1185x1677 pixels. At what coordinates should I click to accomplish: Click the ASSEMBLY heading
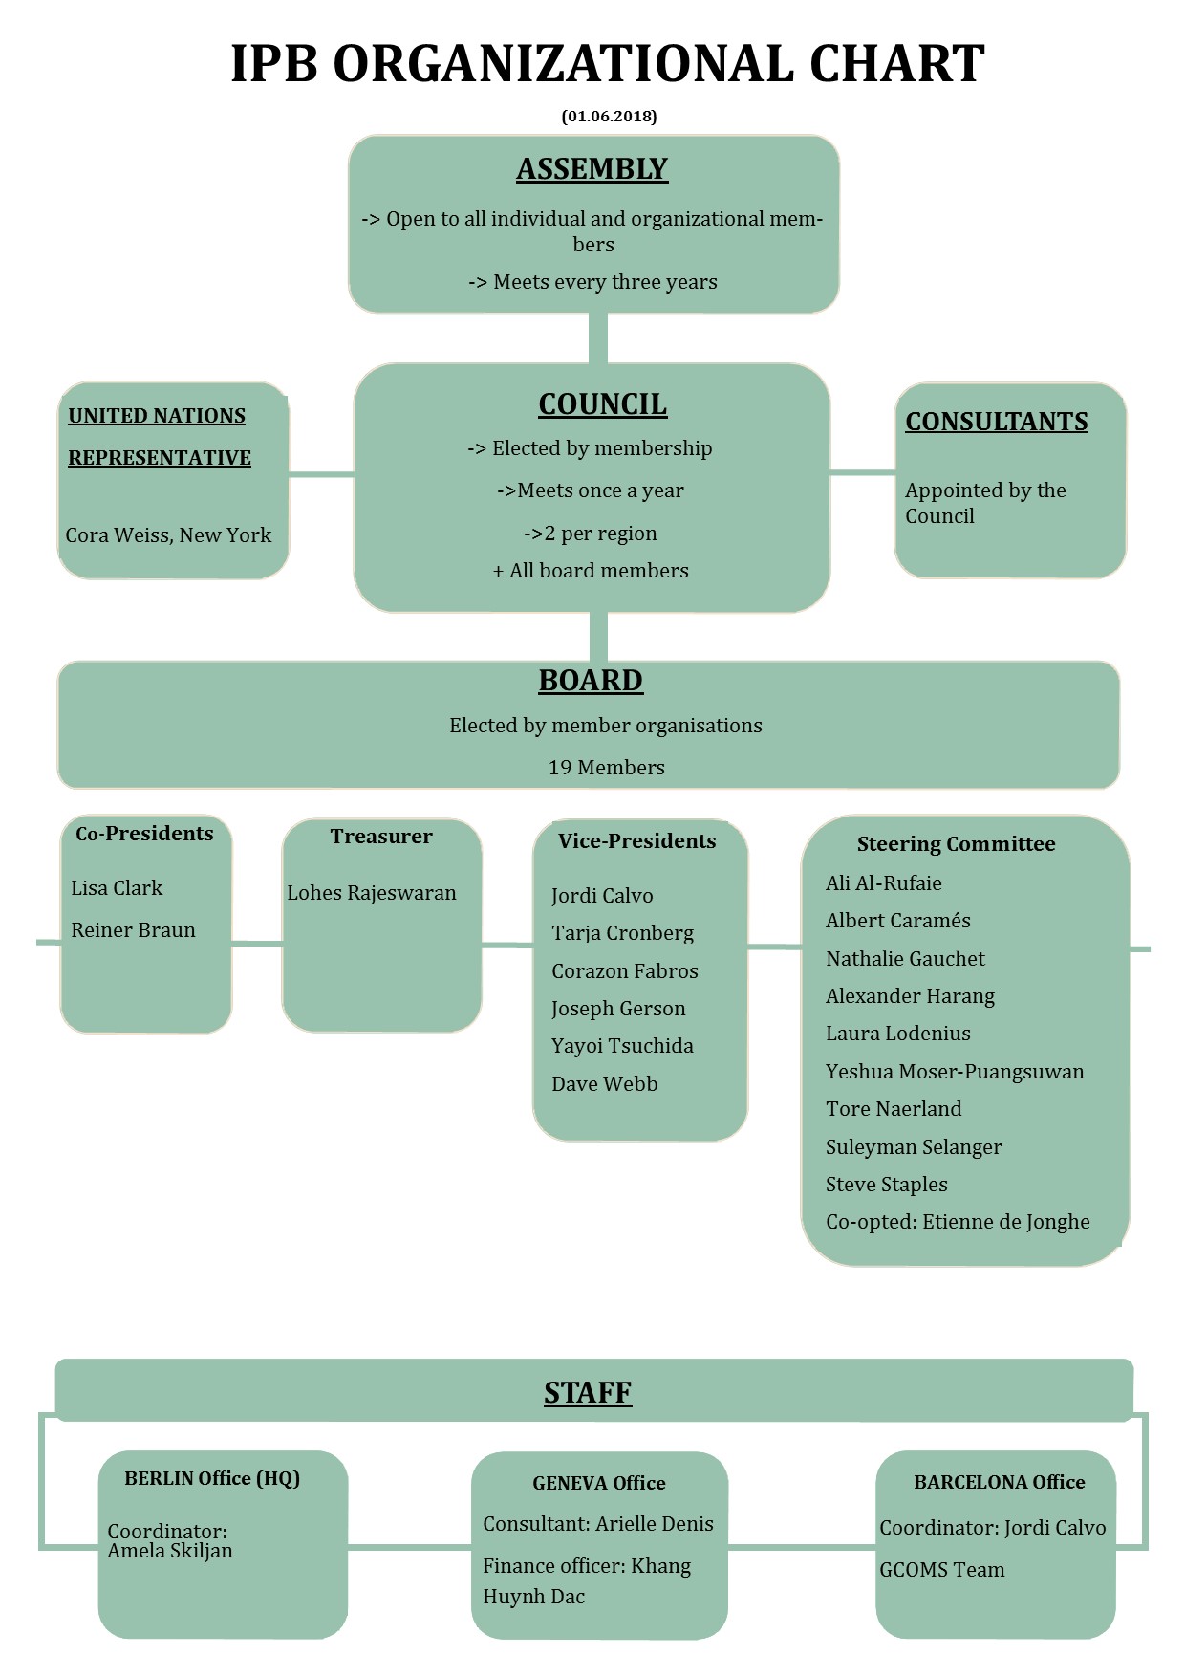tap(592, 168)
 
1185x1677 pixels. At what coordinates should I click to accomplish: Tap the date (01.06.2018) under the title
tap(609, 116)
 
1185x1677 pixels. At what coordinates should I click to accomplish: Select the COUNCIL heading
tap(602, 404)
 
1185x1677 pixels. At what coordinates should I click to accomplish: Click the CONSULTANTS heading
tap(996, 422)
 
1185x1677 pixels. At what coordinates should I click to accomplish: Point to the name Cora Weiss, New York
tap(168, 535)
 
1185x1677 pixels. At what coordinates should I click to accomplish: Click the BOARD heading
tap(591, 680)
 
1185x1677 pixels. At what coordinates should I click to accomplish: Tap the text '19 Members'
tap(606, 767)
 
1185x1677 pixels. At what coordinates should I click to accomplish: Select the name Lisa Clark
tap(117, 888)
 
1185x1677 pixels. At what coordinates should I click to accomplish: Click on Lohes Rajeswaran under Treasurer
tap(372, 893)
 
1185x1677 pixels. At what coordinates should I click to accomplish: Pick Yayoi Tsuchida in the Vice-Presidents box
tap(622, 1046)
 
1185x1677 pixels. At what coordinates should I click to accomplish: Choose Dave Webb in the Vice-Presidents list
tap(604, 1083)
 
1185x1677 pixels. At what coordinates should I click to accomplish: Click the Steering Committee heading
tap(956, 843)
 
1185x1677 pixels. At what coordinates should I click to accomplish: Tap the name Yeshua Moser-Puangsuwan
tap(955, 1072)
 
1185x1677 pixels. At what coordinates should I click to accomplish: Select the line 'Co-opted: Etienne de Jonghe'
tap(958, 1222)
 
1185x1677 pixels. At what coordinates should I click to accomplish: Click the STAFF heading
tap(588, 1392)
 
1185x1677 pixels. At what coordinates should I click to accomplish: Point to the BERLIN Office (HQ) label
tap(212, 1478)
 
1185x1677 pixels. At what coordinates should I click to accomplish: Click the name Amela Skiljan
tap(170, 1551)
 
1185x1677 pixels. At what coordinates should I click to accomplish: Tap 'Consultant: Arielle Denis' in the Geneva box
tap(598, 1524)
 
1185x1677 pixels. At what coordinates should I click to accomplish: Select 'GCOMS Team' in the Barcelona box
tap(942, 1570)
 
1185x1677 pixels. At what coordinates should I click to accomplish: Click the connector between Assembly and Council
tap(598, 338)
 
